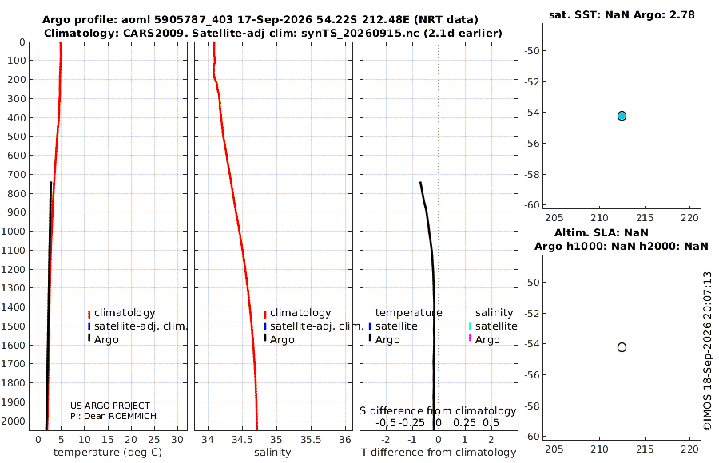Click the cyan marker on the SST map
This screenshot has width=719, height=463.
(622, 116)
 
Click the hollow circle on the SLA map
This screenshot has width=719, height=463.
(622, 347)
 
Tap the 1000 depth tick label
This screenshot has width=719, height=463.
(13, 231)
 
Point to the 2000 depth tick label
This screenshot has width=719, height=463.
(13, 421)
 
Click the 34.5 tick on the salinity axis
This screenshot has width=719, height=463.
(242, 440)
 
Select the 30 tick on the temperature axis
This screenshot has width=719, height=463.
(177, 440)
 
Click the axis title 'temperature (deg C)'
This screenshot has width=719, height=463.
(108, 453)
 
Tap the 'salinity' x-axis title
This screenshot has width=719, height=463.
(272, 453)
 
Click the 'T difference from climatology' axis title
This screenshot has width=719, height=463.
(439, 453)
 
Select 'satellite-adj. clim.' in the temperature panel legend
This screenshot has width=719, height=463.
(141, 326)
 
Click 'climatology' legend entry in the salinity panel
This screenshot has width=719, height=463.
(300, 313)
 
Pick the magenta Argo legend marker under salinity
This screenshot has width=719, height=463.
(470, 338)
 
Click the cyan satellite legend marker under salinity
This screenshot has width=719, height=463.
(470, 326)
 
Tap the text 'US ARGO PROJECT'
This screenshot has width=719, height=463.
(110, 406)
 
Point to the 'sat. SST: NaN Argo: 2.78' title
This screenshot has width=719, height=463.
(622, 14)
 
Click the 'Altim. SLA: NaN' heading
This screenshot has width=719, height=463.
(601, 232)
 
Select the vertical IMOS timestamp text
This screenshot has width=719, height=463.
(708, 351)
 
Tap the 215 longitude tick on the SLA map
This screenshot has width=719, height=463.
(645, 449)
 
